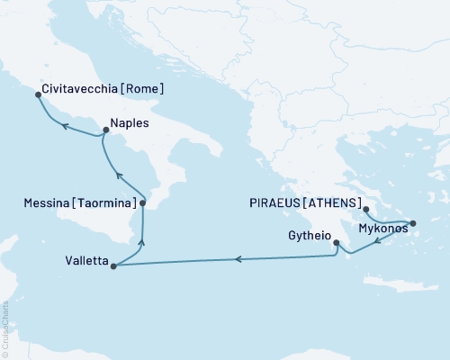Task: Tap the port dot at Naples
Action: (104, 131)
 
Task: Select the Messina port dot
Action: (142, 203)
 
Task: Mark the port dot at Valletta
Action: (112, 265)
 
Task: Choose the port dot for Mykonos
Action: (412, 223)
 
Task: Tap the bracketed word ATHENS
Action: (336, 202)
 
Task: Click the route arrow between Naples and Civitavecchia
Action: (65, 129)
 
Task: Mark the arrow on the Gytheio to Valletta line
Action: (238, 259)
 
